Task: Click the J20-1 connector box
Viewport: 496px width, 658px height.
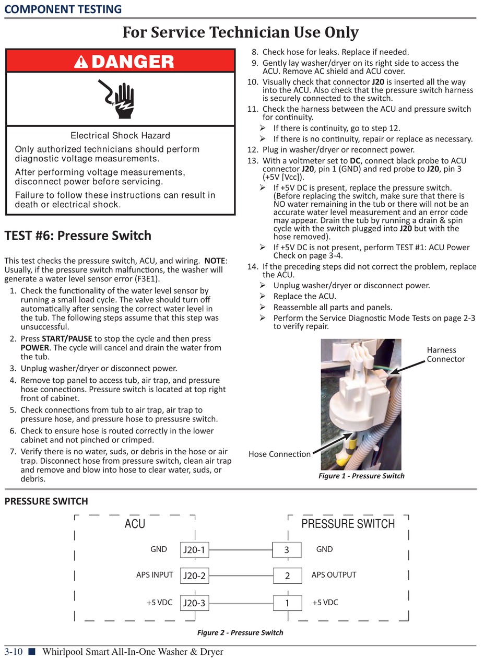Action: [194, 549]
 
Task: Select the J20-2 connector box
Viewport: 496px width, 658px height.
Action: [194, 576]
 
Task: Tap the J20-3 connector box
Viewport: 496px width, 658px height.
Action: [194, 603]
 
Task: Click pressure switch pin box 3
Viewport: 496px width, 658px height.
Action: [287, 549]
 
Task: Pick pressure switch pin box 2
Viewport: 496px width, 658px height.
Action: [287, 576]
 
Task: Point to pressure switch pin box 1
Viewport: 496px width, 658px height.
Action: [287, 603]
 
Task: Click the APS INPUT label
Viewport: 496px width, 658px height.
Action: [155, 575]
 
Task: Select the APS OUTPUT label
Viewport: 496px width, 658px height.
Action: [334, 575]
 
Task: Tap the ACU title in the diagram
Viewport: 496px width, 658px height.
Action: [135, 523]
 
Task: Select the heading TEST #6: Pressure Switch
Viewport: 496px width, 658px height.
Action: [78, 236]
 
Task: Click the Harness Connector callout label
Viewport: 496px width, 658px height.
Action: [445, 355]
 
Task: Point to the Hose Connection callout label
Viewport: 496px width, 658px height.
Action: [279, 454]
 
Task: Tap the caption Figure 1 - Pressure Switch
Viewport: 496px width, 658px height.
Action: [361, 476]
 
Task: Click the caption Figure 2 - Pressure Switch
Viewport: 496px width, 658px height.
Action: [240, 632]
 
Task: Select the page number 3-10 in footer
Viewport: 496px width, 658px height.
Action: [14, 652]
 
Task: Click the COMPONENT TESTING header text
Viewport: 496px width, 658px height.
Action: [63, 9]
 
